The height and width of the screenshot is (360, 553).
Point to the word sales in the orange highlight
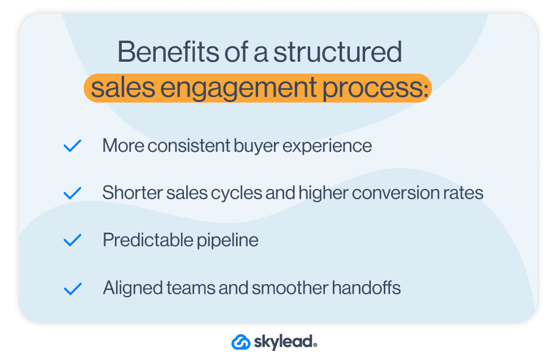click(115, 88)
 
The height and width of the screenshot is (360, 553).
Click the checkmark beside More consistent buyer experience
click(72, 146)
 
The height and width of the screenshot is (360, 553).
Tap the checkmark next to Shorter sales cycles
click(72, 194)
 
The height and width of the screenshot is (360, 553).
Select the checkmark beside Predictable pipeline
click(72, 241)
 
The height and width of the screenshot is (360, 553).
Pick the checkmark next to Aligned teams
click(72, 289)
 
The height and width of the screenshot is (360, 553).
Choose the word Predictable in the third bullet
click(140, 240)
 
